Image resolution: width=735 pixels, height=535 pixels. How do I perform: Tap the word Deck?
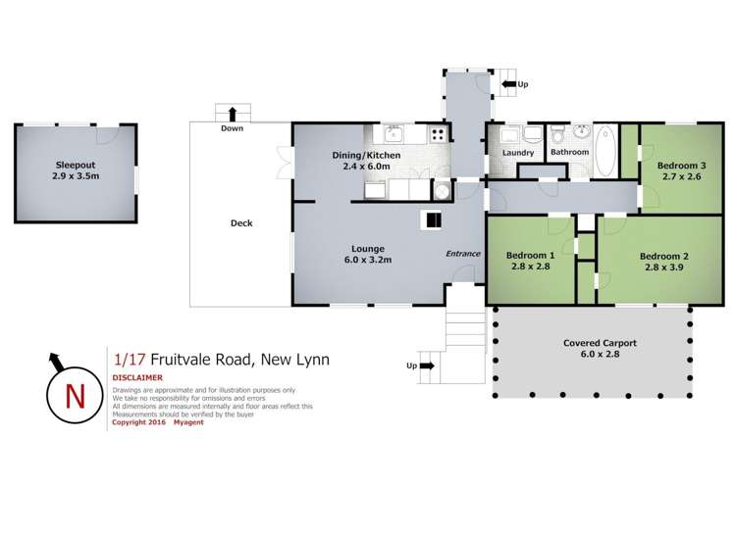(x=241, y=223)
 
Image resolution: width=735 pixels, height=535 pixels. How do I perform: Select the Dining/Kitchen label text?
(x=358, y=160)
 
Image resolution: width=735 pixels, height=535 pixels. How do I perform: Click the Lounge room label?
(x=368, y=255)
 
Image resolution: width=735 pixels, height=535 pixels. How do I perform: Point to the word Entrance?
(x=463, y=254)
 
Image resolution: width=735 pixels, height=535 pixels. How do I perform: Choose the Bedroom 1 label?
(x=530, y=261)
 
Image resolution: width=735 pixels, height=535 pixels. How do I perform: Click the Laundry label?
(x=517, y=153)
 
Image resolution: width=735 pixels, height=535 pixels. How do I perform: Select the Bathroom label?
(x=569, y=153)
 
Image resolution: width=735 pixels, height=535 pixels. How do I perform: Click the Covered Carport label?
(x=600, y=350)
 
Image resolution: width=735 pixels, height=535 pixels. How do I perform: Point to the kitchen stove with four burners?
(x=439, y=135)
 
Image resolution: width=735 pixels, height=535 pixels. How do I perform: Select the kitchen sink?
(x=395, y=134)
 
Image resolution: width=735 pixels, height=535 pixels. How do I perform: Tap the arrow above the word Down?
(x=233, y=113)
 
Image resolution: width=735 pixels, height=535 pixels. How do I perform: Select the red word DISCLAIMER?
(x=137, y=377)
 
